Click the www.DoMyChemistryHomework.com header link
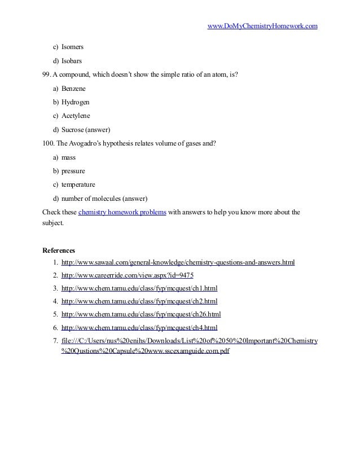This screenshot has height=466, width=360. point(262,26)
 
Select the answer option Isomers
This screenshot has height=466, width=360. point(73,47)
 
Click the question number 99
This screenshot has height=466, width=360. point(47,74)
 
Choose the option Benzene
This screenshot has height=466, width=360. point(74,89)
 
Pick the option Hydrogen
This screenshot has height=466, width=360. point(75,102)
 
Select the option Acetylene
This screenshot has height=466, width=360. point(76,116)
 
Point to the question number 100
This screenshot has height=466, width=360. point(49,143)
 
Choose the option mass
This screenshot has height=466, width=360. point(68,157)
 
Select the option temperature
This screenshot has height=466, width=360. point(78,184)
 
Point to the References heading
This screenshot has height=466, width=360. point(59,250)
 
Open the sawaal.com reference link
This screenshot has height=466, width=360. point(178,263)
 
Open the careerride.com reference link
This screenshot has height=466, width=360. point(127,276)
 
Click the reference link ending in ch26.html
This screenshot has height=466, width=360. point(141,315)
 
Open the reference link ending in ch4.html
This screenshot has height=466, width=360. point(139,328)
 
